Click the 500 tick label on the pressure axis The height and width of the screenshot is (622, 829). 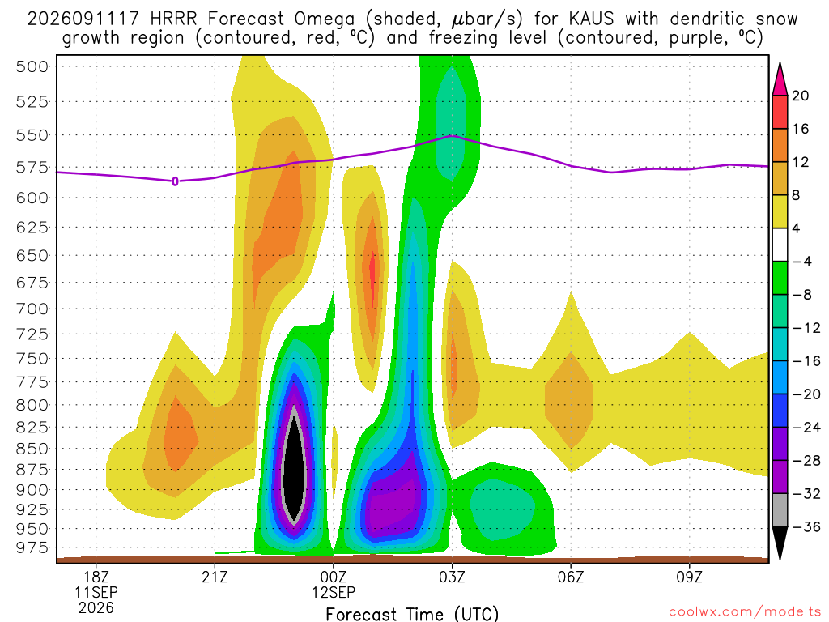click(32, 66)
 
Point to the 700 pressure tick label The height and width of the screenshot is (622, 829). click(32, 309)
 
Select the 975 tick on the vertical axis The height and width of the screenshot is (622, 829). click(32, 547)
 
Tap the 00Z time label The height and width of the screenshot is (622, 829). click(334, 577)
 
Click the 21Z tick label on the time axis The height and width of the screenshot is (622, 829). click(215, 577)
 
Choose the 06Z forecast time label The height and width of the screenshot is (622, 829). click(571, 577)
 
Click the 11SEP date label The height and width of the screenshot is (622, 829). click(96, 592)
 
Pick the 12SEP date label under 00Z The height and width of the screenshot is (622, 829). click(334, 592)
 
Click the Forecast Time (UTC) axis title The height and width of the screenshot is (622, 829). click(412, 614)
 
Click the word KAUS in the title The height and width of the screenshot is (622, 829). click(592, 19)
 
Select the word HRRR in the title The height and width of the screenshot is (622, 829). click(173, 19)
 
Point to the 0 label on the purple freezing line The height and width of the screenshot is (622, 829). click(176, 181)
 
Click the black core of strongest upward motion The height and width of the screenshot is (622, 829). click(294, 466)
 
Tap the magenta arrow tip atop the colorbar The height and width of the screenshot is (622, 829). click(780, 79)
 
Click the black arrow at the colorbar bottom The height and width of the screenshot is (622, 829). click(780, 543)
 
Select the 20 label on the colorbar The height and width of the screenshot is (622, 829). click(800, 96)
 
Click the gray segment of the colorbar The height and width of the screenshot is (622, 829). click(780, 510)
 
